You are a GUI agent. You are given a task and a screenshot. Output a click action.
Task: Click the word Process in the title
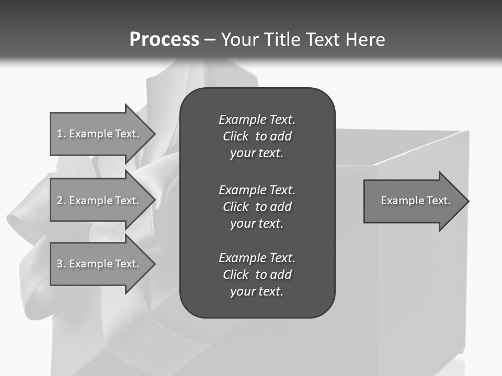(164, 40)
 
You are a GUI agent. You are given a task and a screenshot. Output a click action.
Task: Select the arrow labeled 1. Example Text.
(99, 134)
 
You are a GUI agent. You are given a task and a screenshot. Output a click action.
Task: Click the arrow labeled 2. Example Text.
(99, 201)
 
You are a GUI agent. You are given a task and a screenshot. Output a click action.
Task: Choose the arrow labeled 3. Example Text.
(99, 264)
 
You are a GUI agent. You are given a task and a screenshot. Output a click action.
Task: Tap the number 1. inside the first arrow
(61, 134)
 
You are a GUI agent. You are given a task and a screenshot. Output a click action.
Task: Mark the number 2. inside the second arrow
(61, 201)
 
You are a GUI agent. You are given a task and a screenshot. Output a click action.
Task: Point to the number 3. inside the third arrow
(61, 264)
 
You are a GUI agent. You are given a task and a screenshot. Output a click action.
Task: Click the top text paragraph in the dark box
(257, 136)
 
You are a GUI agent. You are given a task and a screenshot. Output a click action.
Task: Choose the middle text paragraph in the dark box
(257, 206)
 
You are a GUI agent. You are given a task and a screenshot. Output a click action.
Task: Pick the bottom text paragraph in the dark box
(257, 275)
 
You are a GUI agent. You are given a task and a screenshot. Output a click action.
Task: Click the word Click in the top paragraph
(235, 136)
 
